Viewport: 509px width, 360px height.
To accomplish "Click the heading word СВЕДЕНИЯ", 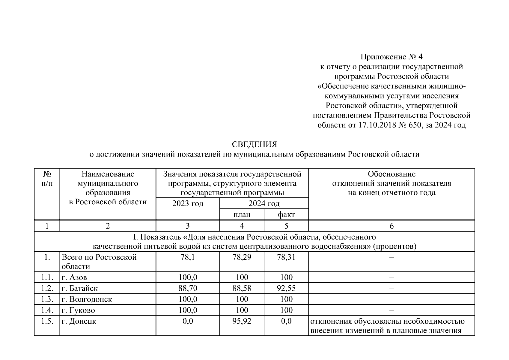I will [x=254, y=144].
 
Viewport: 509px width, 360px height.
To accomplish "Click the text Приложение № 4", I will [x=391, y=57].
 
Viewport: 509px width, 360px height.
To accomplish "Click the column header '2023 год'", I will [x=188, y=204].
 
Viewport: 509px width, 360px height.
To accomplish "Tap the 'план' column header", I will [x=242, y=214].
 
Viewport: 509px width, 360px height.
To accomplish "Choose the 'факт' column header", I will [x=286, y=214].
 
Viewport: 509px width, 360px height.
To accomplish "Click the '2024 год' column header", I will [x=264, y=204].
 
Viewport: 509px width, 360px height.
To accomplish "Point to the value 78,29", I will [x=242, y=257].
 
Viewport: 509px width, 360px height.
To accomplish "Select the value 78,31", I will [x=286, y=257].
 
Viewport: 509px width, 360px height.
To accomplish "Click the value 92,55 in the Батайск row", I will [x=286, y=288].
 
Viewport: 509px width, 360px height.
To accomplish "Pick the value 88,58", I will [x=242, y=288].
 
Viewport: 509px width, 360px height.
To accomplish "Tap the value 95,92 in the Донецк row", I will [x=242, y=321].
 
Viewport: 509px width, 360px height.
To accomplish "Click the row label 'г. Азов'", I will [x=74, y=277].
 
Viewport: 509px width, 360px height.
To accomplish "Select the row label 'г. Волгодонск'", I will [x=87, y=299].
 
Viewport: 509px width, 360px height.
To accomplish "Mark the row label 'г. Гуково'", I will [x=78, y=310].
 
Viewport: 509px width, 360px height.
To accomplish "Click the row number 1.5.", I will [x=47, y=321].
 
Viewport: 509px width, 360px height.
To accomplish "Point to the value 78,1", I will [x=188, y=257].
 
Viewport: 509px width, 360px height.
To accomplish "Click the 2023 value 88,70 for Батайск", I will [x=188, y=288].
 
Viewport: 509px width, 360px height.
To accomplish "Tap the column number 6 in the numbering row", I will [x=391, y=226].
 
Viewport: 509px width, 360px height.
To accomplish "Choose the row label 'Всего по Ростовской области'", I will [x=99, y=262].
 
